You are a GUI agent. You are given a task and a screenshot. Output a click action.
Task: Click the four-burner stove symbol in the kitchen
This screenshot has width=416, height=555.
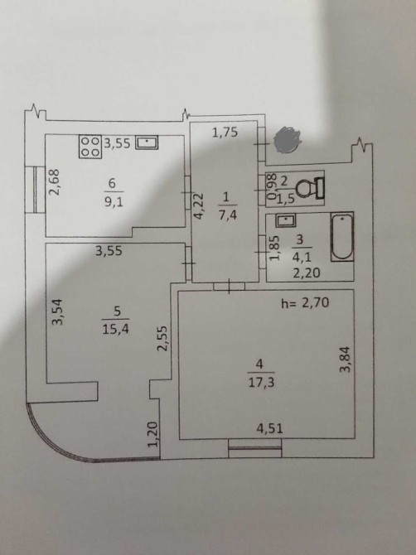90,147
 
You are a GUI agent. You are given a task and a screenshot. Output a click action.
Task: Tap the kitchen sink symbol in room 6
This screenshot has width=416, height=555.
147,142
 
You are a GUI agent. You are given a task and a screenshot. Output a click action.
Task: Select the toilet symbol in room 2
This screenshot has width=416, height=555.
309,187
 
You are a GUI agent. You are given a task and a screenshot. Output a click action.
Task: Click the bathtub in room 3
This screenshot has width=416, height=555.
342,237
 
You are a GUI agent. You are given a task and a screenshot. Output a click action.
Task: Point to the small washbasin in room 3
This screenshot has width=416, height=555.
286,220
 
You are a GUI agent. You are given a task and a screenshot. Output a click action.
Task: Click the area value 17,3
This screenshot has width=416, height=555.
261,382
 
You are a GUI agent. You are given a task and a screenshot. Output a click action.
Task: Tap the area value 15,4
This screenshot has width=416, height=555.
115,329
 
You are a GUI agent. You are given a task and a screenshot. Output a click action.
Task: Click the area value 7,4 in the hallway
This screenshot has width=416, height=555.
227,215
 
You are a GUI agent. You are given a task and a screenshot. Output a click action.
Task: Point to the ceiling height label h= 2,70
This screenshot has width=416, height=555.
305,302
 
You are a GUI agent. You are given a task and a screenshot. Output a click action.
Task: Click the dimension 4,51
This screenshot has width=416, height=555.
270,428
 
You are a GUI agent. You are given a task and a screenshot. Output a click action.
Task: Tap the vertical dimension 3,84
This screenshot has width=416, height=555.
345,359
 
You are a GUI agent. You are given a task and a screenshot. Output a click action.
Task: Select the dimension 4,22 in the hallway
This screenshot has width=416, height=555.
199,206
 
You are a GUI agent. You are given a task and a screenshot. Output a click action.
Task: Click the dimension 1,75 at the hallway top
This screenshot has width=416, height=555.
225,133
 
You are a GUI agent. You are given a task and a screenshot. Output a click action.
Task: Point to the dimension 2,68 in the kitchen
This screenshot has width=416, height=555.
54,181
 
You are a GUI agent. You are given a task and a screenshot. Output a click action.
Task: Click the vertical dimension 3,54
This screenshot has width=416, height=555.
57,311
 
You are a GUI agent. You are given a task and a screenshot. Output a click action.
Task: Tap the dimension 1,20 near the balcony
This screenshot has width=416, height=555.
152,434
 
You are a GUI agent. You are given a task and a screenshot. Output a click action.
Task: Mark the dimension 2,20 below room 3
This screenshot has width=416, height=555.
307,273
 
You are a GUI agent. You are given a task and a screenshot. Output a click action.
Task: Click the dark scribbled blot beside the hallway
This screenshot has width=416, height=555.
288,140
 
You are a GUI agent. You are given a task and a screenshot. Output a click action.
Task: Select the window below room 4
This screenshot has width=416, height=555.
255,448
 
